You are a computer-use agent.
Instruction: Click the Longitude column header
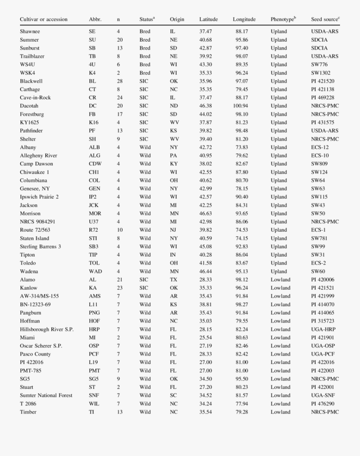[244, 19]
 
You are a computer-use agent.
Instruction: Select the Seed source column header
[325, 19]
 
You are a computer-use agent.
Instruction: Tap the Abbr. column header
[95, 19]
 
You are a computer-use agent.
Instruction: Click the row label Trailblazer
[32, 56]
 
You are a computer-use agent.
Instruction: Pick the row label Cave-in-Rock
[35, 97]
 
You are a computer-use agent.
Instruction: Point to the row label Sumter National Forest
[46, 395]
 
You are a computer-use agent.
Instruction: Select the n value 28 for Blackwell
[120, 81]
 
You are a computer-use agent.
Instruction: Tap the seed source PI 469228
[322, 97]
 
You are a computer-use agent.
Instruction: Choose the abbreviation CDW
[95, 164]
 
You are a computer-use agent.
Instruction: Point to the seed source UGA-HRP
[323, 329]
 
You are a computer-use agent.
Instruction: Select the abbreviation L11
[93, 304]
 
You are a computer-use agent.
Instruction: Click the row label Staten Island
[34, 238]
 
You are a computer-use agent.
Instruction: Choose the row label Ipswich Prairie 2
[39, 197]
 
